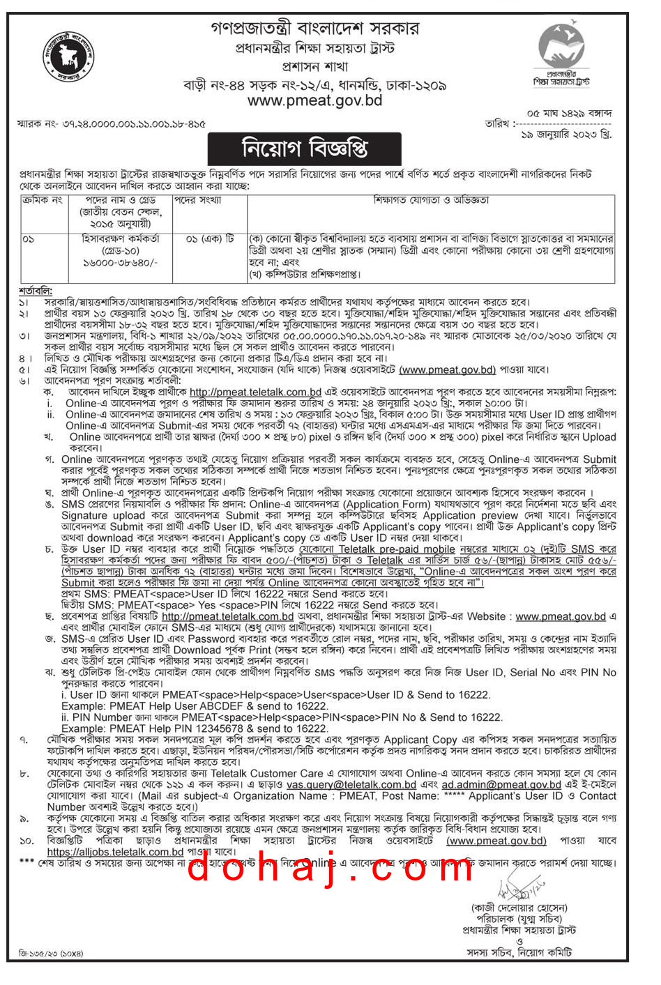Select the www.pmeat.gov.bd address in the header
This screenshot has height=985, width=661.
(315, 100)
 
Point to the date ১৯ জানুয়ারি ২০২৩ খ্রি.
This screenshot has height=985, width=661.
(566, 135)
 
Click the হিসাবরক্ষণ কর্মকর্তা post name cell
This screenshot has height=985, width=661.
(121, 238)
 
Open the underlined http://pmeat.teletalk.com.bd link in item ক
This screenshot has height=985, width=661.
(255, 392)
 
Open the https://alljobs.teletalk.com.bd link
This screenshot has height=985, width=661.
(115, 852)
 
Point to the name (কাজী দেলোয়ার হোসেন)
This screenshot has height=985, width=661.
(519, 908)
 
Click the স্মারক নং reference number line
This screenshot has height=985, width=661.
(111, 124)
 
